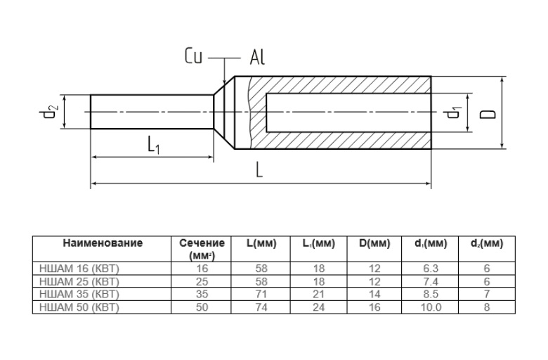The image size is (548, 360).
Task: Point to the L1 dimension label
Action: pos(154,146)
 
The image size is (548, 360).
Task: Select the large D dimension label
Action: pos(490,113)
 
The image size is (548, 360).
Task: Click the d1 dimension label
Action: pos(455,112)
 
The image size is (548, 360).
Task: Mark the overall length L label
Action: pos(259,171)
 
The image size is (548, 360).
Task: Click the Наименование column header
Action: pos(103,243)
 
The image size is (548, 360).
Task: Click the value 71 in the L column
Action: pos(261,294)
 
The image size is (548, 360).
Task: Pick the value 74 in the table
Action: pos(261,307)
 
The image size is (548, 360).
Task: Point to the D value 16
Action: pos(374,307)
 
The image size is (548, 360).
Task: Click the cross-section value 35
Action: pos(202,294)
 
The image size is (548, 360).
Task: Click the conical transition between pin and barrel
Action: pos(223,112)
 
